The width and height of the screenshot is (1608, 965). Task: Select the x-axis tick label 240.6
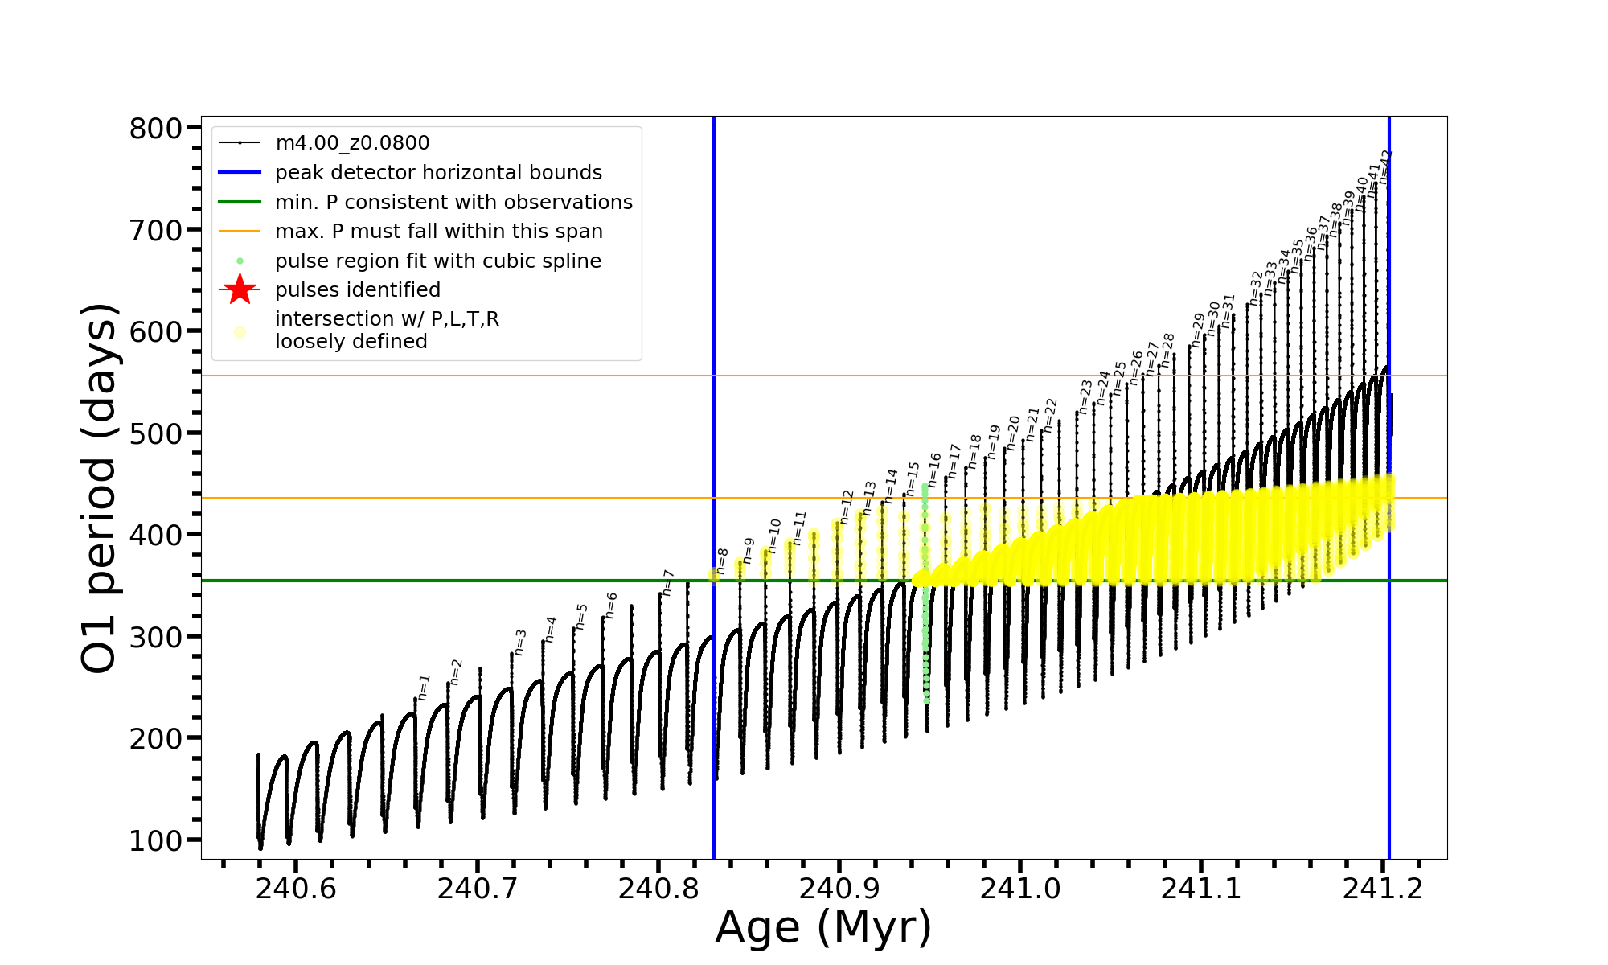(x=296, y=889)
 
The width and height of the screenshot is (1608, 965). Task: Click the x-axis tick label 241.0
(x=1020, y=889)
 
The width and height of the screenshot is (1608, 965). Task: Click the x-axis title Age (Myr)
(x=823, y=927)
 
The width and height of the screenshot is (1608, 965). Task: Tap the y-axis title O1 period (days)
(x=100, y=488)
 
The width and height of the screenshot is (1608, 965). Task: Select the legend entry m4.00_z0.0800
(x=352, y=143)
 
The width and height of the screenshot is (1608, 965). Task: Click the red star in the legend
(x=240, y=289)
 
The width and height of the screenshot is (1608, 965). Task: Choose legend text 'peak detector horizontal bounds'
(x=438, y=173)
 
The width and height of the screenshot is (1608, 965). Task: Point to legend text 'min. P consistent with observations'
(x=453, y=202)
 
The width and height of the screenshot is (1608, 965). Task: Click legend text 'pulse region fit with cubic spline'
(x=438, y=261)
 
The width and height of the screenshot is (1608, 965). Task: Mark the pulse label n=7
(x=667, y=582)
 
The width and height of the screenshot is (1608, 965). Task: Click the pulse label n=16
(x=934, y=469)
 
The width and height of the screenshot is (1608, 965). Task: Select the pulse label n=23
(x=1085, y=396)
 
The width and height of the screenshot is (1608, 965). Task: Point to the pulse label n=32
(x=1257, y=287)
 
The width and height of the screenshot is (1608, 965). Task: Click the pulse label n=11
(x=799, y=528)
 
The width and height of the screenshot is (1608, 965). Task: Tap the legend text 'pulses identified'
(x=358, y=289)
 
